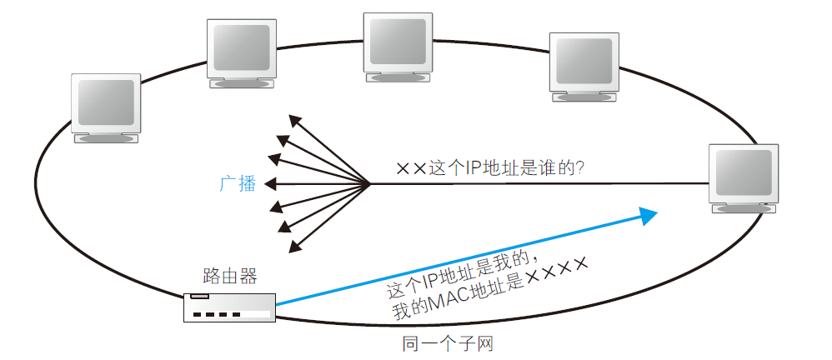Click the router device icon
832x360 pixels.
click(x=229, y=307)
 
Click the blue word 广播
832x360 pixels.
click(x=238, y=184)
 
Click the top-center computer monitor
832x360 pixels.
click(x=398, y=48)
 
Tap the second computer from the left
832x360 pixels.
click(x=241, y=52)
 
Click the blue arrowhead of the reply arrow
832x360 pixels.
click(x=649, y=215)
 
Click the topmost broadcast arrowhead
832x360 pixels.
click(x=293, y=119)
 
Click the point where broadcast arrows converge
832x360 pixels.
click(x=369, y=183)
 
